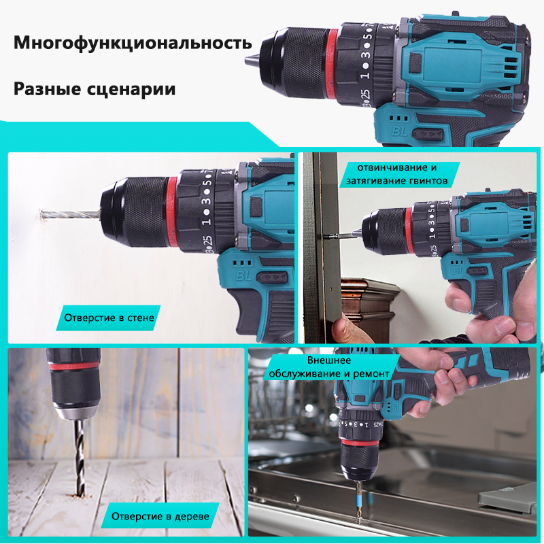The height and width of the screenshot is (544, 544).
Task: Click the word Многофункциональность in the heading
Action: [x=133, y=44]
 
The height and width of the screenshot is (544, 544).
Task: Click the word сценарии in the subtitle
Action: [x=135, y=89]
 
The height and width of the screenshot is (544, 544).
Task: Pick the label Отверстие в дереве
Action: [x=161, y=516]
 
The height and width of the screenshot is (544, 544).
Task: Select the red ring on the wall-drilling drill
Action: [x=172, y=211]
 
